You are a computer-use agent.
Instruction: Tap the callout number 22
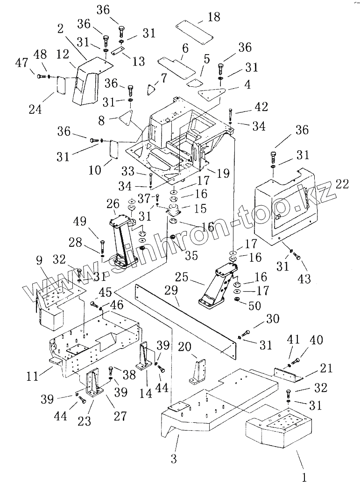pos(342,184)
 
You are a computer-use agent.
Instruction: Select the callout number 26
pos(113,204)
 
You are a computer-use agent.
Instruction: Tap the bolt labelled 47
pos(39,75)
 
